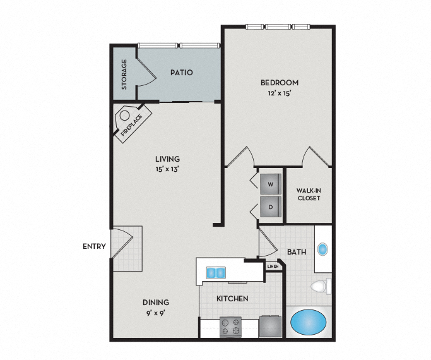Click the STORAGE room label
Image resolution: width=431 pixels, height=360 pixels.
[x=124, y=74]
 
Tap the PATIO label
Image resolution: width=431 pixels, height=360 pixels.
[x=181, y=73]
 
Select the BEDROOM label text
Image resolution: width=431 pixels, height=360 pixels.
[x=279, y=83]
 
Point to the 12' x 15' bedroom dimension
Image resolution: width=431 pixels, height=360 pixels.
[x=279, y=93]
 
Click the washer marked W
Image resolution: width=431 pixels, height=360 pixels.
[x=269, y=184]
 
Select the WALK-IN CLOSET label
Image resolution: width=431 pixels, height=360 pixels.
[x=309, y=194]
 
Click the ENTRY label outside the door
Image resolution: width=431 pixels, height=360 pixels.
[x=94, y=246]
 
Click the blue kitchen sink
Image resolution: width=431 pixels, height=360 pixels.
[x=216, y=272]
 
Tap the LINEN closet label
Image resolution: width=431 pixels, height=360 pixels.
[x=273, y=267]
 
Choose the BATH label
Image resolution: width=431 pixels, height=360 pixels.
[x=297, y=252]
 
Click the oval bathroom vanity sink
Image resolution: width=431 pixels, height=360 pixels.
[x=323, y=249]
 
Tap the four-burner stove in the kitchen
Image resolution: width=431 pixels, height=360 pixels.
[x=230, y=327]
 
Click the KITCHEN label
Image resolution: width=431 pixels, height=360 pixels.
[x=232, y=299]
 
